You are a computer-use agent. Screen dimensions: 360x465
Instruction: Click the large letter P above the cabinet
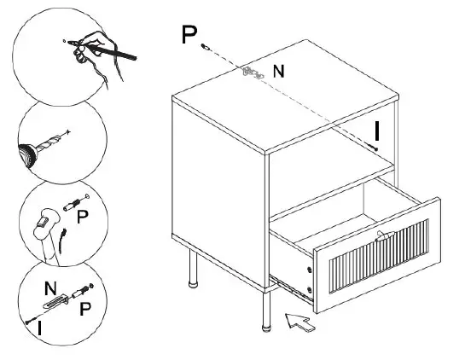point(189,35)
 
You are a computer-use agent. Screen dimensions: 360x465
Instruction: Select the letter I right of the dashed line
point(376,130)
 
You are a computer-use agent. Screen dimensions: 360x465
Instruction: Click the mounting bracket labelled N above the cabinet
point(252,73)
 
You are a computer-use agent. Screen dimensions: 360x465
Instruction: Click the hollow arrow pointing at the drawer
point(299,322)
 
